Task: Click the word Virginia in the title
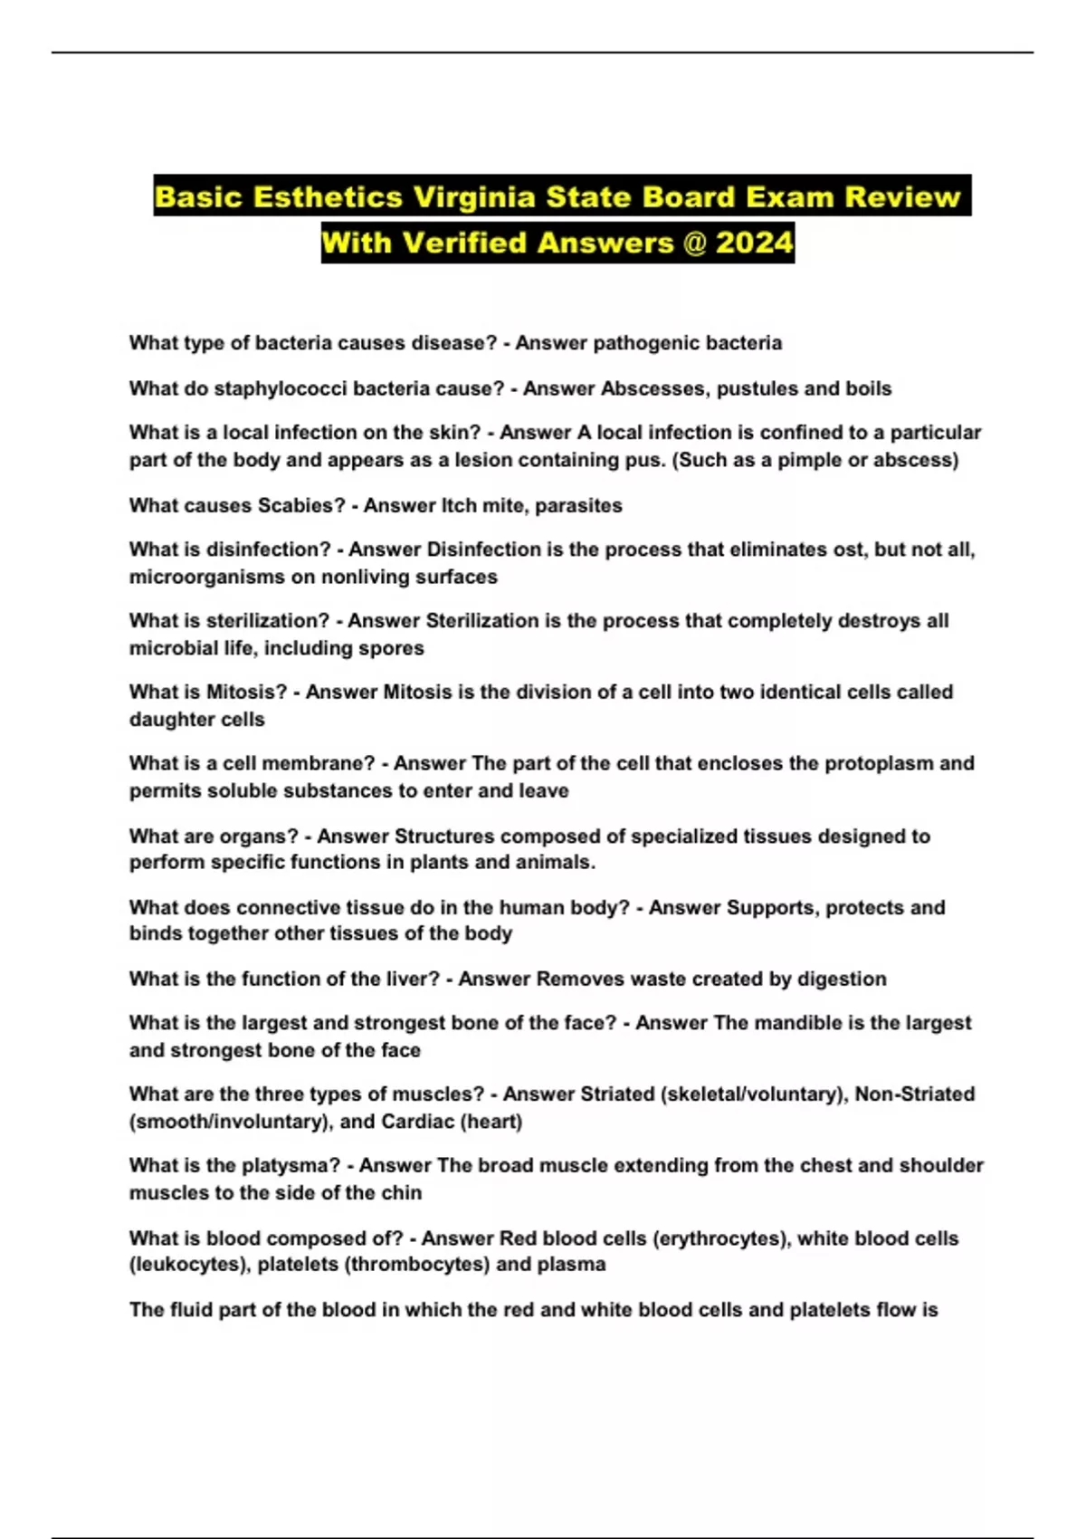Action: tap(474, 196)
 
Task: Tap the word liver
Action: tap(407, 979)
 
